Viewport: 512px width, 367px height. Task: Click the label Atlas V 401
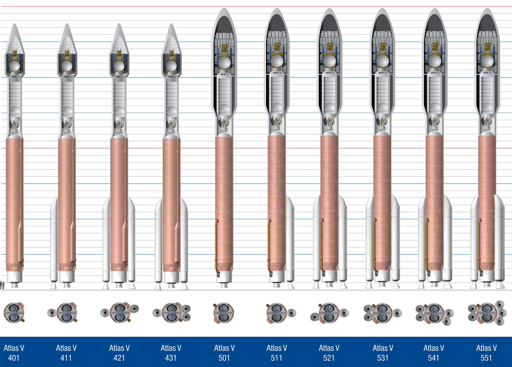(x=14, y=353)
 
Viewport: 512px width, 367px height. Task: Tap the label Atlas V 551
(x=486, y=353)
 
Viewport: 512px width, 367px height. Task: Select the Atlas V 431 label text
(x=171, y=353)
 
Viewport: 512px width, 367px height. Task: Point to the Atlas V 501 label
(x=224, y=353)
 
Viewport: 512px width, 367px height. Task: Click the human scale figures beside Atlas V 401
(x=2, y=285)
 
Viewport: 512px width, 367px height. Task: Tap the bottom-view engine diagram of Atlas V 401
(x=14, y=312)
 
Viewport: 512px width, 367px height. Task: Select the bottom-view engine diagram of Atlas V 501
(x=224, y=312)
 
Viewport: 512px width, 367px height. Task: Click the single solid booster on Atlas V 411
(x=54, y=242)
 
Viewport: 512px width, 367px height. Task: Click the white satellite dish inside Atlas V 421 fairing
(x=119, y=66)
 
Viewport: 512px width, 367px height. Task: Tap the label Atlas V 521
(x=329, y=353)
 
